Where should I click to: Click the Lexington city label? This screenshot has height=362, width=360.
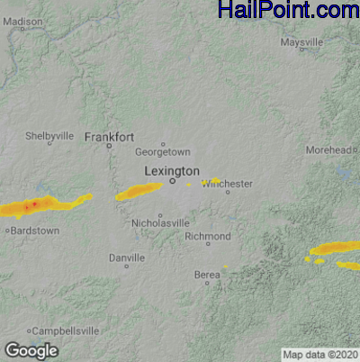(172, 170)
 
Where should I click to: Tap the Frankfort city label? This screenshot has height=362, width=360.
(109, 137)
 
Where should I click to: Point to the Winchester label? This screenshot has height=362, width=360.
(228, 184)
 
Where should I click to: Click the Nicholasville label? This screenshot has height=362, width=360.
(160, 222)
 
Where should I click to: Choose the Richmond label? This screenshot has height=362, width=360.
(207, 236)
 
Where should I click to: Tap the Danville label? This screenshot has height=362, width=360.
(126, 258)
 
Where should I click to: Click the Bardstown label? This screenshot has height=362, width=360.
(34, 231)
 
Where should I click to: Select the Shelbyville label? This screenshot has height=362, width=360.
(49, 136)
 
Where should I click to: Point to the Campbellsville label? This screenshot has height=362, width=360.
(67, 330)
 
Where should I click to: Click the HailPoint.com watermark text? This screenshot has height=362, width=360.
(288, 11)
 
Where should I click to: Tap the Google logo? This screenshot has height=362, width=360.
(31, 350)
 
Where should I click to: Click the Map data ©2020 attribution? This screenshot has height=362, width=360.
(319, 354)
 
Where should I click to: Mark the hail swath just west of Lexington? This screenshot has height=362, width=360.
(138, 191)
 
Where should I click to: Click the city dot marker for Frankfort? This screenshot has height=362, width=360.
(109, 145)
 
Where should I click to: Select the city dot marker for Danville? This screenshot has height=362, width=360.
(126, 266)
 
